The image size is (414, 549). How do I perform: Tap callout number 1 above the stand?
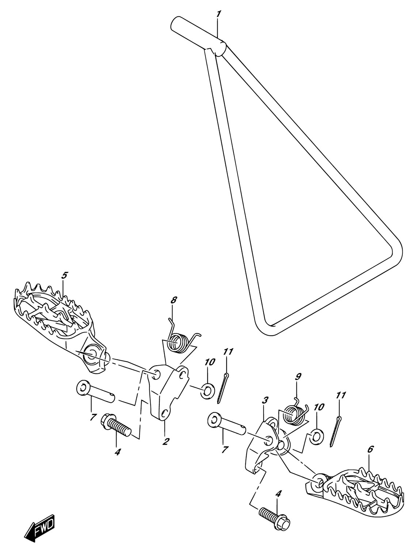[218, 14]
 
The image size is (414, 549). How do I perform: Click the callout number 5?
[64, 276]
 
